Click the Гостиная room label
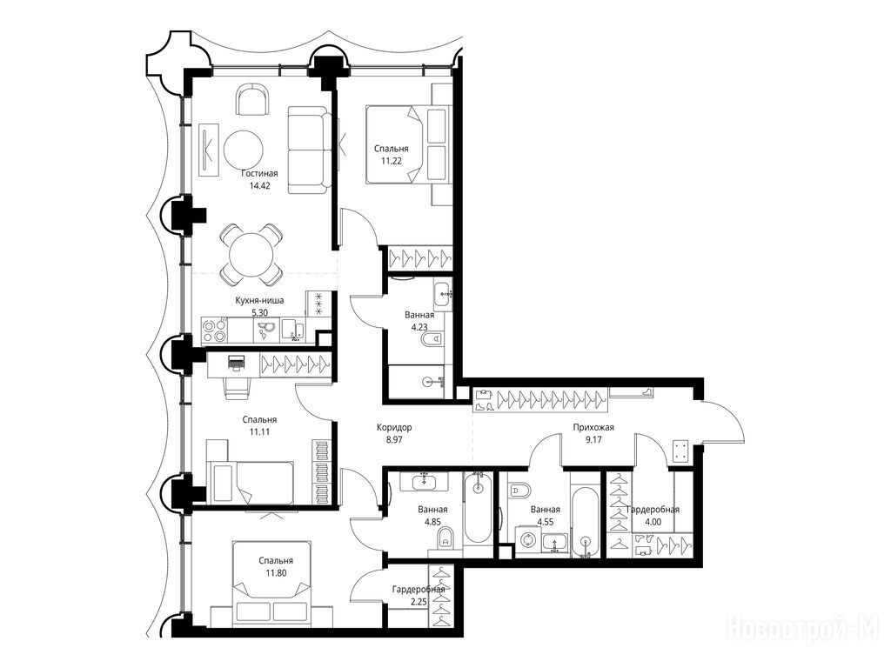[x=259, y=173]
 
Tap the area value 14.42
[x=259, y=186]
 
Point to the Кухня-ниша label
[x=259, y=300]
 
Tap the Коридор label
[x=394, y=428]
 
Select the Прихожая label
[x=593, y=428]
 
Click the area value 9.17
[x=593, y=439]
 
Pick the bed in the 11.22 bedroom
[x=395, y=144]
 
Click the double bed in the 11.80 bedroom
[x=271, y=580]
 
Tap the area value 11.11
[x=259, y=431]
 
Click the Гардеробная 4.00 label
[x=653, y=516]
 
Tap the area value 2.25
[x=418, y=602]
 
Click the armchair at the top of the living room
[x=251, y=99]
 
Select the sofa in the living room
[x=309, y=150]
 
